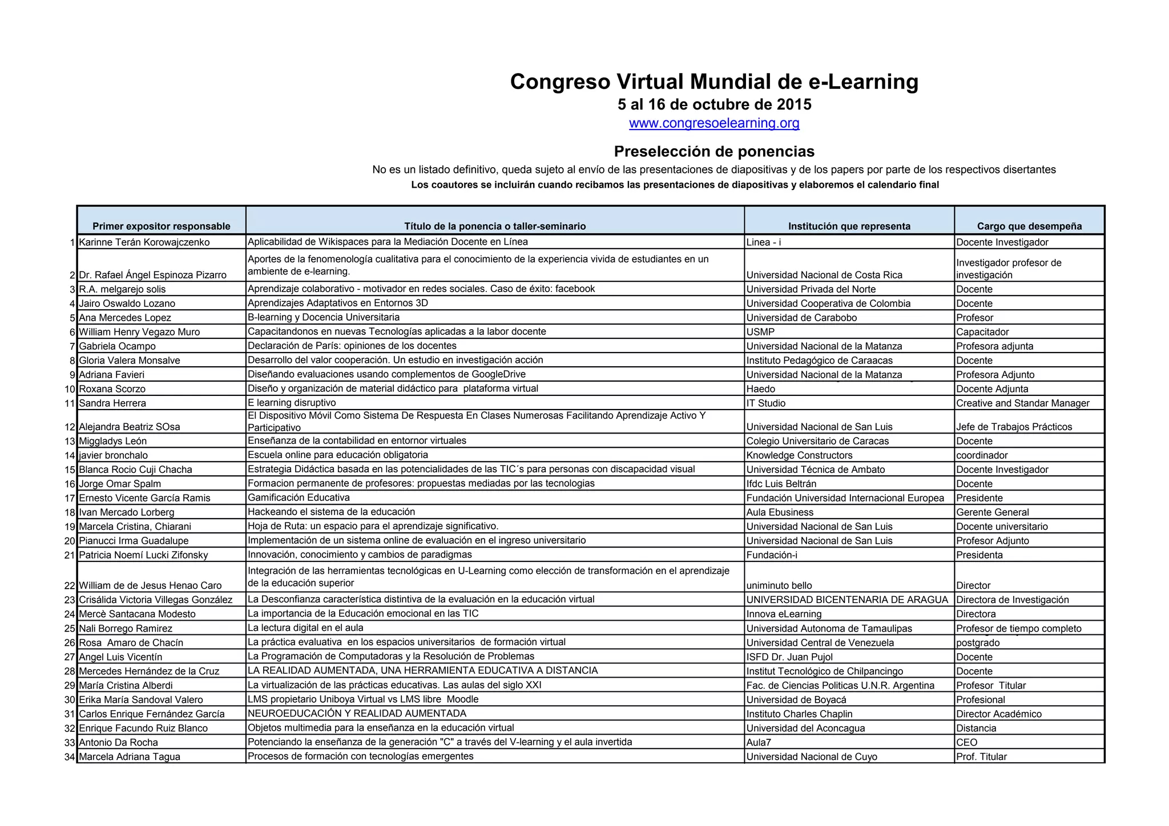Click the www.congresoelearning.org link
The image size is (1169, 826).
(714, 123)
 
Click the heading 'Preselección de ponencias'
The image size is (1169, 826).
(714, 151)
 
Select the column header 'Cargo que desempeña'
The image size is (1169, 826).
(1029, 226)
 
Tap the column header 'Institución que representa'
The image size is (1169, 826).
(849, 226)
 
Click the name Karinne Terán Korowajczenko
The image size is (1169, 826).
(144, 242)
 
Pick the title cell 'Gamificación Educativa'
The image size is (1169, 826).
(299, 497)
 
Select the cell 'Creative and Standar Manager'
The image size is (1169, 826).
(1022, 403)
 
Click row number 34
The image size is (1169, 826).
(70, 757)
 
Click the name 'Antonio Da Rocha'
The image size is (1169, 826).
(118, 743)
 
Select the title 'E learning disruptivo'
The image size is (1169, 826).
(292, 403)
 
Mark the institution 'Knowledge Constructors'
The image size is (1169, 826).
(799, 455)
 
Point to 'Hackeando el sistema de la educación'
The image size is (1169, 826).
(331, 512)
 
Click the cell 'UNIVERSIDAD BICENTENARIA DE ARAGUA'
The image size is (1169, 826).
(847, 600)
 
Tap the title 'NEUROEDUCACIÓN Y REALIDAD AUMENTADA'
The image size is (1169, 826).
(357, 714)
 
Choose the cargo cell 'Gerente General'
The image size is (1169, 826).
(993, 512)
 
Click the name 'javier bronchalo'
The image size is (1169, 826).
(113, 455)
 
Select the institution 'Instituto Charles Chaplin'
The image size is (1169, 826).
(799, 714)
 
